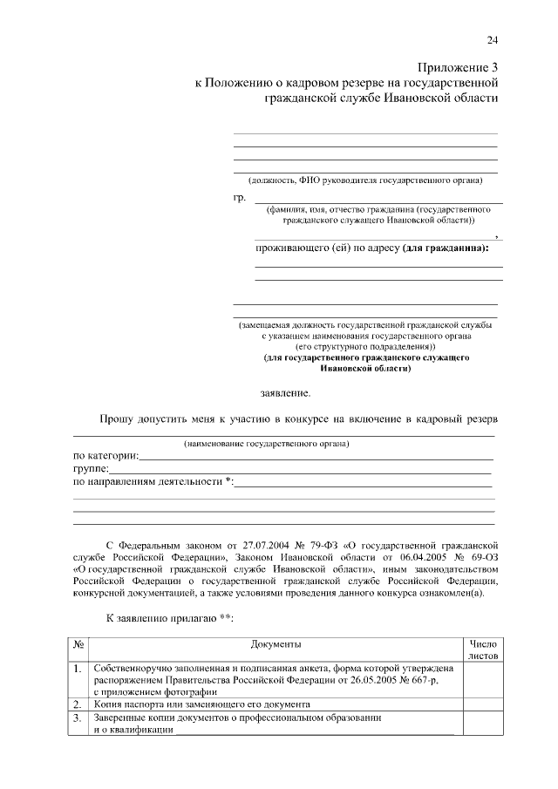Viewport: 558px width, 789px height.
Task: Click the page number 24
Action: pyautogui.click(x=492, y=40)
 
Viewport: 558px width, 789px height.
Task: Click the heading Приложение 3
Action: pyautogui.click(x=458, y=67)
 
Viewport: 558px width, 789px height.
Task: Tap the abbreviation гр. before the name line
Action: pyautogui.click(x=240, y=198)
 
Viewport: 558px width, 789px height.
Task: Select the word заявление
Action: pyautogui.click(x=285, y=393)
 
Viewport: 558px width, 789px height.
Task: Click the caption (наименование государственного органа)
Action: pyautogui.click(x=266, y=444)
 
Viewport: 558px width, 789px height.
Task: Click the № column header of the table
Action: pyautogui.click(x=78, y=644)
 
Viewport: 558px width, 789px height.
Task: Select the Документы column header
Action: pyautogui.click(x=276, y=644)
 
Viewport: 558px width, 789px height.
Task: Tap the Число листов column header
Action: pyautogui.click(x=483, y=650)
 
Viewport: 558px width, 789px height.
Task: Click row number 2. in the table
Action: pyautogui.click(x=78, y=704)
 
